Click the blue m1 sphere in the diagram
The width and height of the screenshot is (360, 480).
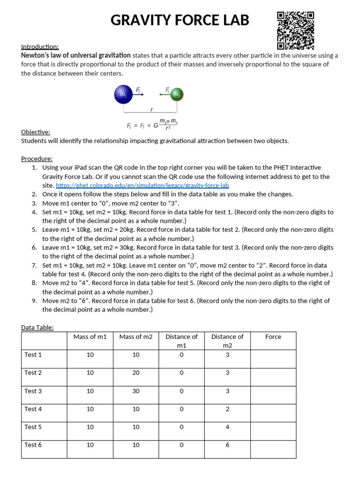point(123,95)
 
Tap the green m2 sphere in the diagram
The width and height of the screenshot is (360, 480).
point(176,95)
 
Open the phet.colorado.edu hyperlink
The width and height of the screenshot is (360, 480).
point(142,186)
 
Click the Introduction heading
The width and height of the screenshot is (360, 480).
point(40,47)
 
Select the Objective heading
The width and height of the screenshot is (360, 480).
point(36,132)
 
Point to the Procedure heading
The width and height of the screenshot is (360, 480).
point(37,159)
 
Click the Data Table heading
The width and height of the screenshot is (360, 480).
point(37,328)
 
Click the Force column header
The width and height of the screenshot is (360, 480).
point(273,337)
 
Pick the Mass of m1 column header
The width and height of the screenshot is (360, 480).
point(90,337)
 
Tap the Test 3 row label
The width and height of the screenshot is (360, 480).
point(33,391)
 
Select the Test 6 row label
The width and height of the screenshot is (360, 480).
point(33,445)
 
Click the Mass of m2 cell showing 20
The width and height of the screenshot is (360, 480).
point(136,373)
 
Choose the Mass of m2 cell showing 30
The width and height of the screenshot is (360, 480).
point(136,391)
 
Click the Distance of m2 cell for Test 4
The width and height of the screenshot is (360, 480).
point(227,409)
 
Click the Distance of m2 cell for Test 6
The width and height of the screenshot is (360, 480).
point(227,445)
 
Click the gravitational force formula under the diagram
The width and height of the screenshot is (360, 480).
point(152,125)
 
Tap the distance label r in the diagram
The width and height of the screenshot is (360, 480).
point(151,109)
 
